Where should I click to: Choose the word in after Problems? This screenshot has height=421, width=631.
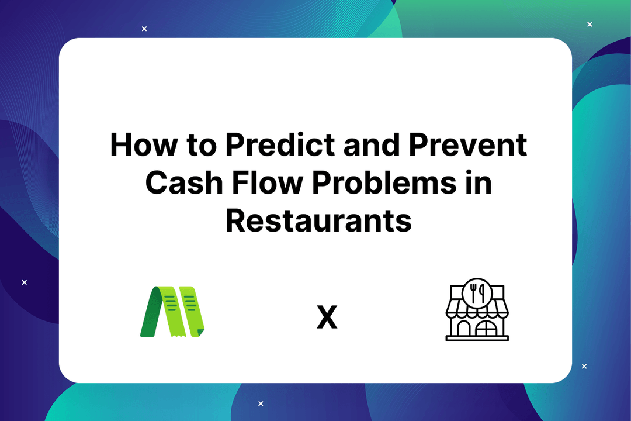pyautogui.click(x=477, y=182)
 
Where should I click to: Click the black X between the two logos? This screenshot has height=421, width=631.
pyautogui.click(x=327, y=319)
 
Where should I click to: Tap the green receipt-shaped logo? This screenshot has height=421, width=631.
pyautogui.click(x=172, y=312)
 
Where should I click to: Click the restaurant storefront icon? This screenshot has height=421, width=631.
pyautogui.click(x=477, y=310)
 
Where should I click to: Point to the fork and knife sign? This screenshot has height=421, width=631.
pyautogui.click(x=477, y=292)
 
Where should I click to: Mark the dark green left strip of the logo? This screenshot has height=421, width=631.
pyautogui.click(x=151, y=312)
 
